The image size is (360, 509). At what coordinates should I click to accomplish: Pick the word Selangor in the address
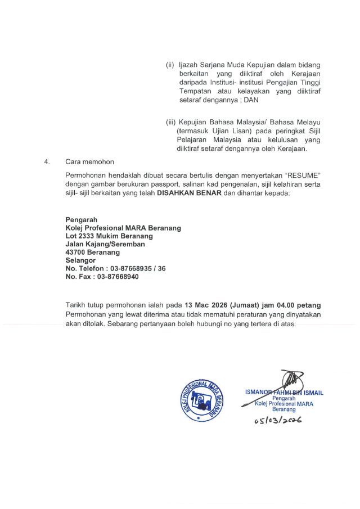point(80,261)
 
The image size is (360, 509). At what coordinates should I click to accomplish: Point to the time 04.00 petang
point(297,305)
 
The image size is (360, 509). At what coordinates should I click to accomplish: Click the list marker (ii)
point(170,65)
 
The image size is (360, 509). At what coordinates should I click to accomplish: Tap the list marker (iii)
point(170,123)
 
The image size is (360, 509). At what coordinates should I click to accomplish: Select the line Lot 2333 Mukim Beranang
point(109,236)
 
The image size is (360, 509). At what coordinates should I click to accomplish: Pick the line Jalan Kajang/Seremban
point(105,244)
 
